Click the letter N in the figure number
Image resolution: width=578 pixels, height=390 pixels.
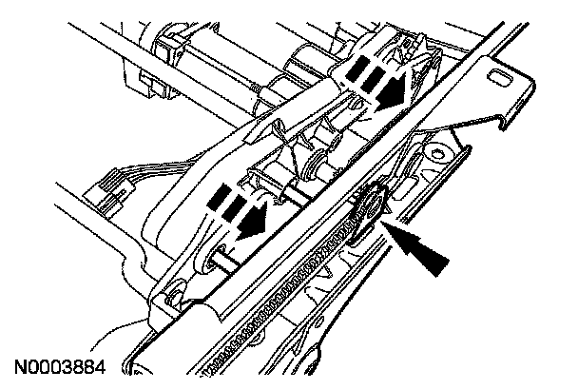pos(20,365)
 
